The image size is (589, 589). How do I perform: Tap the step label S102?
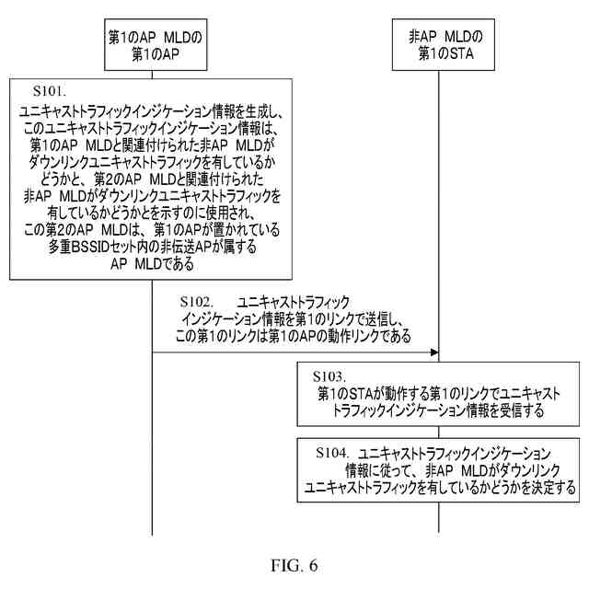197,302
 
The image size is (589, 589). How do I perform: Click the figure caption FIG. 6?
294,566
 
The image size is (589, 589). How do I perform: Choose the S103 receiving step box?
436,394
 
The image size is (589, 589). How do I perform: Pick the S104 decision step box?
438,469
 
